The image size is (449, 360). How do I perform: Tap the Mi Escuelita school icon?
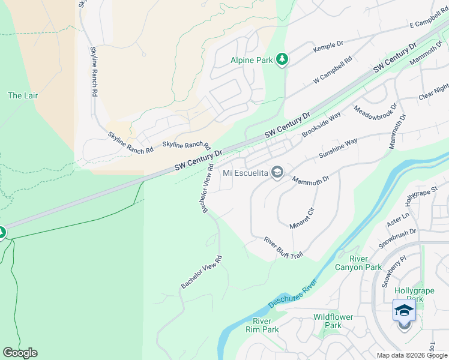[277, 173]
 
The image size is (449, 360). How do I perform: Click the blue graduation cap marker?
[404, 310]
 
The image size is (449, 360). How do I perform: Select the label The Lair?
[23, 95]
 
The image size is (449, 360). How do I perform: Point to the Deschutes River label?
[292, 293]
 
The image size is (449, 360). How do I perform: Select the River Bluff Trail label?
[283, 248]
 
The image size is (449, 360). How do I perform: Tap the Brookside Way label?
[321, 124]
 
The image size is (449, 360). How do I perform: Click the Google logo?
[20, 353]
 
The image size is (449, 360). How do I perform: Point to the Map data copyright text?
[412, 355]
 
